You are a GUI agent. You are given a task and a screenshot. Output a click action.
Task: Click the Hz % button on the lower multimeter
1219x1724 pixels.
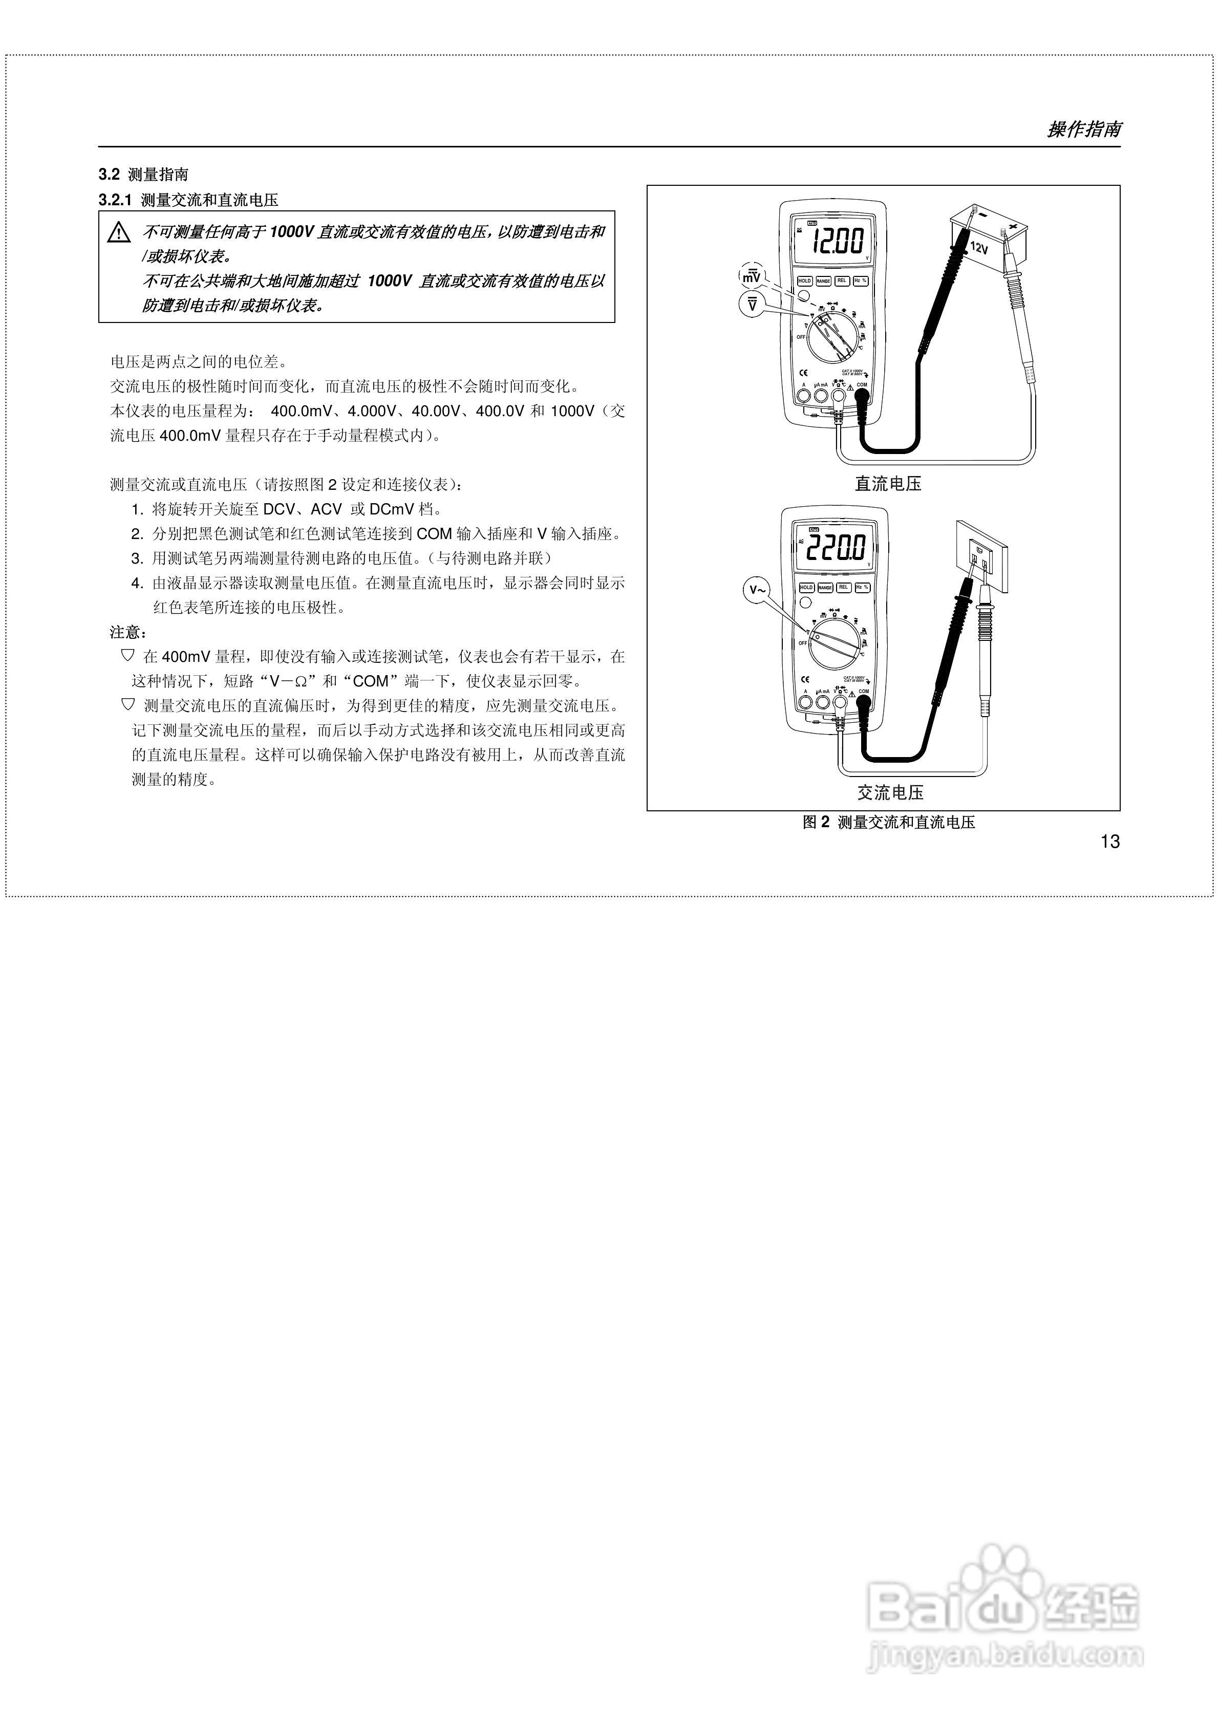862,587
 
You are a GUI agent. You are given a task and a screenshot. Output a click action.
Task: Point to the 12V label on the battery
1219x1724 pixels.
979,247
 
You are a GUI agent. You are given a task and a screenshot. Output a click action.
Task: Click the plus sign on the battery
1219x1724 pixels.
1013,225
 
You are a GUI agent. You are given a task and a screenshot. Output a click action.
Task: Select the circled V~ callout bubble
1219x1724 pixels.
758,590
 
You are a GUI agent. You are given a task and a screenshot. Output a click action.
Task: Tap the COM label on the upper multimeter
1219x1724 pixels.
862,384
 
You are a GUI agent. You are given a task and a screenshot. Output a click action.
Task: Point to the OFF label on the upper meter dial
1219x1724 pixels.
801,337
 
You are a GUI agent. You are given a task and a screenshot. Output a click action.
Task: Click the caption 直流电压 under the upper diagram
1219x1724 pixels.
888,484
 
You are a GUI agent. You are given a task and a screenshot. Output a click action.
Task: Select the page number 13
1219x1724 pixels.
1109,842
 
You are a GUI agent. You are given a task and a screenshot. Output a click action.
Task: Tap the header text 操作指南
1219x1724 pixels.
1084,129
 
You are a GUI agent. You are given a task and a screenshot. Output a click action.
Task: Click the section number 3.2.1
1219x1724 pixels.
115,200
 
